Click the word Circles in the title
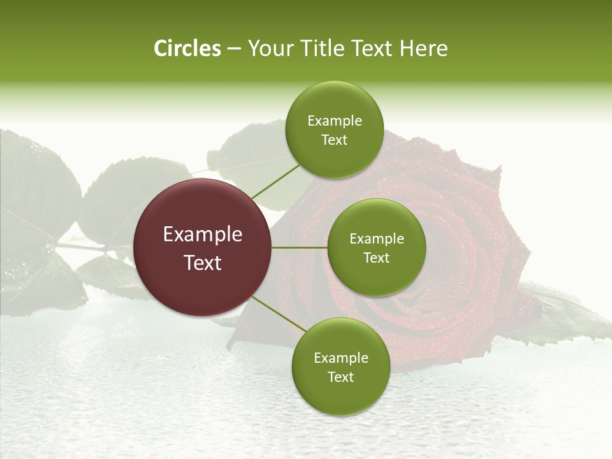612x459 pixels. pos(187,48)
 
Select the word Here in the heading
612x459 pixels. pos(424,48)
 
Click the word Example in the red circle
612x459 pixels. pos(203,235)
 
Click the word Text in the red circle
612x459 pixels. pos(203,263)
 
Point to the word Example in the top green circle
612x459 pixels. pos(334,121)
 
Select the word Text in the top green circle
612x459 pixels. pos(334,140)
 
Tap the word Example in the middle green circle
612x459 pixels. pos(376,239)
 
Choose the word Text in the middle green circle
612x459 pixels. pos(376,258)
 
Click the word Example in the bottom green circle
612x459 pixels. pos(340,358)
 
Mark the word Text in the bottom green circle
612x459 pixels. pos(340,377)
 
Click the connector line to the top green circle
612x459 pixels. pos(275,181)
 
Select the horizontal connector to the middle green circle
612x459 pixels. pos(299,247)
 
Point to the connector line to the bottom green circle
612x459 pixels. pos(279,314)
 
